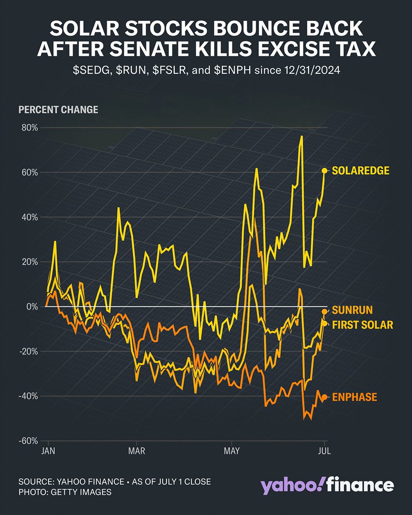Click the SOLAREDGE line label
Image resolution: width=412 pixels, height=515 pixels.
click(x=360, y=171)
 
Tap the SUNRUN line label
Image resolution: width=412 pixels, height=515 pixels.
click(x=352, y=310)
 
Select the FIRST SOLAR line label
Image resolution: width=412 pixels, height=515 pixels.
click(x=363, y=325)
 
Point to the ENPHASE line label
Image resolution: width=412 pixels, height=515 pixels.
click(x=354, y=397)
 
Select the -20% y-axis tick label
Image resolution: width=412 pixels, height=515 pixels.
click(x=28, y=351)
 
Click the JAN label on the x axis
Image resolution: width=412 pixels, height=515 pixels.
click(x=48, y=451)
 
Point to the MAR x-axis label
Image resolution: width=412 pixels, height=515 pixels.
click(x=136, y=451)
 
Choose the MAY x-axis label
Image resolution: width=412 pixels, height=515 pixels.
click(x=232, y=451)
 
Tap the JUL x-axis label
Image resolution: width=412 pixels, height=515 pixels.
click(x=324, y=451)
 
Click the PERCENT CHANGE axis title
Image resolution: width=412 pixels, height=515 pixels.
click(x=58, y=110)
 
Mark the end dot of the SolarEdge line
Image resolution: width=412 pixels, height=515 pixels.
click(x=324, y=171)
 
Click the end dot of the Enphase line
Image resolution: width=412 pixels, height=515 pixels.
click(x=324, y=397)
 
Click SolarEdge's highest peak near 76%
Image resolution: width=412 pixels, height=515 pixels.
click(x=302, y=136)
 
